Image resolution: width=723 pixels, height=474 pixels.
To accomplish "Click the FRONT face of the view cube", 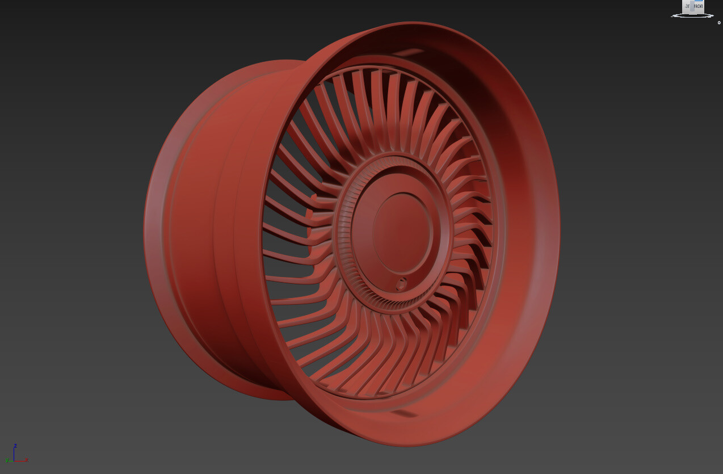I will pyautogui.click(x=698, y=6).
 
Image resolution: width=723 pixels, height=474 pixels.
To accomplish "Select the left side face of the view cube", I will pyautogui.click(x=686, y=7).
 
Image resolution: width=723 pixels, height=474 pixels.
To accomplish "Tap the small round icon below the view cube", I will pyautogui.click(x=719, y=23).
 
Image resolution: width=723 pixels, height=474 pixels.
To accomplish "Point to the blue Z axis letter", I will pyautogui.click(x=15, y=446).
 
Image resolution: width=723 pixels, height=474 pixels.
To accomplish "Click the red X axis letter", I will pyautogui.click(x=27, y=460).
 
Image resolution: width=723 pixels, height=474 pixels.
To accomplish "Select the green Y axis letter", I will pyautogui.click(x=7, y=461).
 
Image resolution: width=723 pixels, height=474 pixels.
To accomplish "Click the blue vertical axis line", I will pyautogui.click(x=15, y=454).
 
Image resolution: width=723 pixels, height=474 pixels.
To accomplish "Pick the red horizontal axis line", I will pyautogui.click(x=20, y=461).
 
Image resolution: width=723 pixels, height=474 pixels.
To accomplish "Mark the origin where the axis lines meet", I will pyautogui.click(x=15, y=461).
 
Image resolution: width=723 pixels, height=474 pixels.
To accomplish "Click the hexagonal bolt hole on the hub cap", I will pyautogui.click(x=401, y=283).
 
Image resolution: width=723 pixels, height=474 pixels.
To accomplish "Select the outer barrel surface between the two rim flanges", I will pyautogui.click(x=193, y=238).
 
